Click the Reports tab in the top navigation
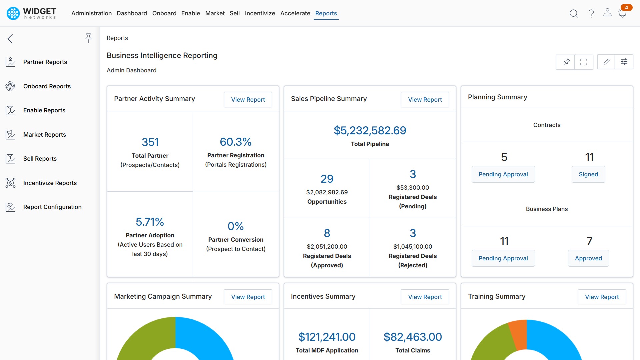(326, 13)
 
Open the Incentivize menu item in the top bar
(260, 13)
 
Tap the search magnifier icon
(573, 13)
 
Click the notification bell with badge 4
(622, 13)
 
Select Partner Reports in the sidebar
(45, 62)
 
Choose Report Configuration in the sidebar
(52, 207)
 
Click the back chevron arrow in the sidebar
(10, 39)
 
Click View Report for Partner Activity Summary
(248, 100)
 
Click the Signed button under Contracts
(588, 174)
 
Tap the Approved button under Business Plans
(588, 258)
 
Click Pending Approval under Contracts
(503, 174)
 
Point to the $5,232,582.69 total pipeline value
(370, 130)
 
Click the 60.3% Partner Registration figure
(235, 142)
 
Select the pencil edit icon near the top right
(606, 62)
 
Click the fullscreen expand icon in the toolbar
(583, 62)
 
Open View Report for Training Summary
(601, 297)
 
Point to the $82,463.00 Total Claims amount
(412, 337)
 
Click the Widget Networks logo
(32, 13)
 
